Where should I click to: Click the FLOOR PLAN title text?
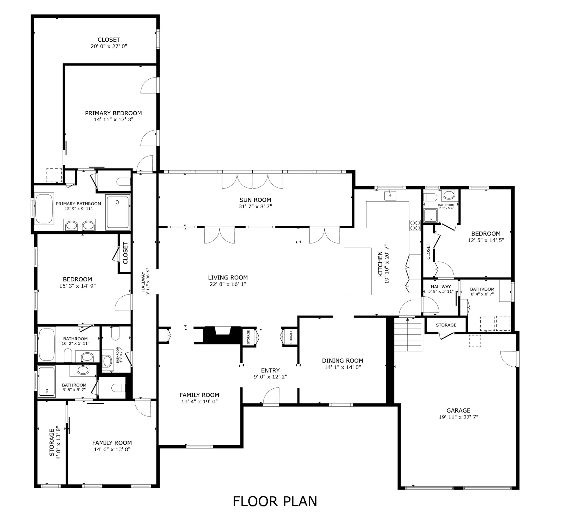point(275,501)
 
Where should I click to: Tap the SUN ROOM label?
point(255,200)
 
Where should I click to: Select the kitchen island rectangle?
point(358,271)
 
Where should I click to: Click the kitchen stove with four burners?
point(415,225)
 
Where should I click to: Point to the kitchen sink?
point(390,195)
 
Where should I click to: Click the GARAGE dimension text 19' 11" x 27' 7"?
point(458,417)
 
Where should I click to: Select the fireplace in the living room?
point(223,335)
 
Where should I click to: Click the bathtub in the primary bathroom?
point(44,209)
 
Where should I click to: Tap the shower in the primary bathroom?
point(118,212)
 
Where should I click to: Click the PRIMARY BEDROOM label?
point(113,113)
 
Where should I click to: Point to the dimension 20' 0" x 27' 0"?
point(109,46)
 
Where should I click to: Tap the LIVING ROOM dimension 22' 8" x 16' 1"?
point(228,284)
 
